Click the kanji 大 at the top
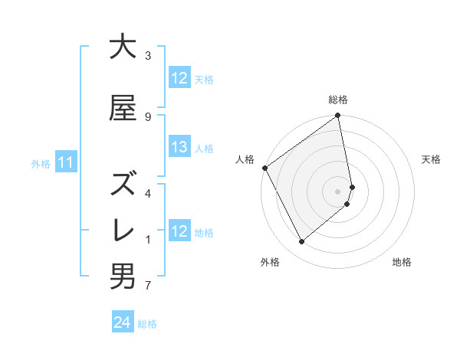123,47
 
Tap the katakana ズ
123,185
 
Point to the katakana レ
123,231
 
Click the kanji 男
123,277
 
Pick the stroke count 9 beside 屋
148,116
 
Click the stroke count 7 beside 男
148,286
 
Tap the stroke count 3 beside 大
148,56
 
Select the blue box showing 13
179,147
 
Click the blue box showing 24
122,323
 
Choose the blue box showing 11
66,162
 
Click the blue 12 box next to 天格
179,78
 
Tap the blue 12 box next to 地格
179,231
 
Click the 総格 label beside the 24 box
148,324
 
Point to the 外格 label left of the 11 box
41,163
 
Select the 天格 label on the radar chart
432,159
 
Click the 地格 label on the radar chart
402,262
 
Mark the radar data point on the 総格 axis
338,116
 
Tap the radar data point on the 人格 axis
264,168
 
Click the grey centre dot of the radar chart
338,191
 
